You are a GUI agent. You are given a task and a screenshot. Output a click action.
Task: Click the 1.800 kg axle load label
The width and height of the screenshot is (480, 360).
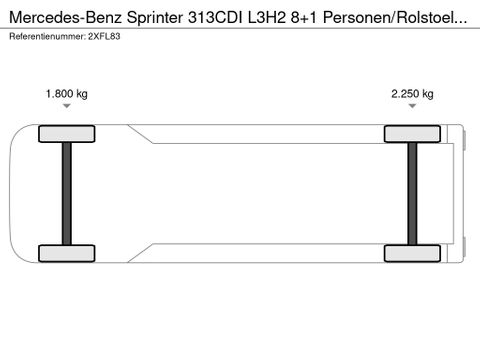coord(67,94)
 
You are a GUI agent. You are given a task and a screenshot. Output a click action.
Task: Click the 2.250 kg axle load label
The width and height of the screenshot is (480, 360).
coord(412,94)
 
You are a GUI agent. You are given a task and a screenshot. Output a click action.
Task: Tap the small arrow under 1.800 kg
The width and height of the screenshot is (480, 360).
coord(67,106)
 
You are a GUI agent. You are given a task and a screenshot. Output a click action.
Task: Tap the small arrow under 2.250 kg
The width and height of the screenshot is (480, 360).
coord(412,106)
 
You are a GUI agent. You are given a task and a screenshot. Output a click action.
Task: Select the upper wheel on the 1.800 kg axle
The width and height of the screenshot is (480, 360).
coord(67,134)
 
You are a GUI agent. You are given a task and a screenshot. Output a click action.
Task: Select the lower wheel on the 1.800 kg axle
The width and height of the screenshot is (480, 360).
coord(67,253)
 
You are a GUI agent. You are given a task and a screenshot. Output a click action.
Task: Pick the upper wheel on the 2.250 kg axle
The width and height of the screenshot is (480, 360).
coord(412,134)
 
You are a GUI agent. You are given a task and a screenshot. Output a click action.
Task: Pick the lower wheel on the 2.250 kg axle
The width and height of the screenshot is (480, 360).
coord(412,253)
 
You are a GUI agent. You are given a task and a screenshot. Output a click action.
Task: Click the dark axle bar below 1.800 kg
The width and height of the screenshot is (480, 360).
coord(67,194)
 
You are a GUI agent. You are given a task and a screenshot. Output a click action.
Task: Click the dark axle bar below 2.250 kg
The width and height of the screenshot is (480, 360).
coord(412,194)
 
